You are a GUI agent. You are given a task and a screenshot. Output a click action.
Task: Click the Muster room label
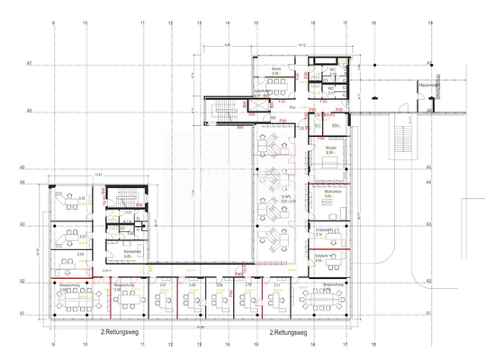(329, 149)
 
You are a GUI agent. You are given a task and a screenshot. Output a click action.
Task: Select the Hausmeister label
(427, 85)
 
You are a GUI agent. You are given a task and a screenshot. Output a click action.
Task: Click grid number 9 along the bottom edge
(53, 344)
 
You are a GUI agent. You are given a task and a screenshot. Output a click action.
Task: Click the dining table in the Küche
(277, 80)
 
